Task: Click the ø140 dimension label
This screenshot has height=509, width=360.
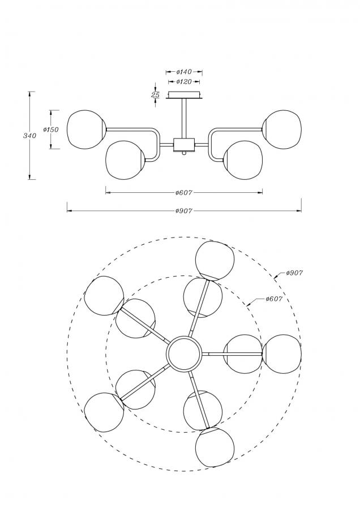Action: (x=184, y=72)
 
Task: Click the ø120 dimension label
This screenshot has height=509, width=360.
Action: (x=184, y=82)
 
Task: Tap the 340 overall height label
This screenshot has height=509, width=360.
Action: (x=29, y=136)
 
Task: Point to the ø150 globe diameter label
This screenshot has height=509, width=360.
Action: (x=51, y=130)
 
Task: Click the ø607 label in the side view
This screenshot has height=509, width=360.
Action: (x=184, y=193)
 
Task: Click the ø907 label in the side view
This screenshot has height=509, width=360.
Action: (x=184, y=211)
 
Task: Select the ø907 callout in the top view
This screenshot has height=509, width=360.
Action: (x=294, y=273)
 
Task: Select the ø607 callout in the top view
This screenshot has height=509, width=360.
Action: (x=274, y=299)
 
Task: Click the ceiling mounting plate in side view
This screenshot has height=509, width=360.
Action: (x=184, y=96)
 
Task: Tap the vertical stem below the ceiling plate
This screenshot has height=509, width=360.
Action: (x=184, y=119)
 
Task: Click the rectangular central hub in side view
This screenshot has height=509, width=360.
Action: (x=184, y=145)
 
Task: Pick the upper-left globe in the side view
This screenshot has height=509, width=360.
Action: (x=87, y=130)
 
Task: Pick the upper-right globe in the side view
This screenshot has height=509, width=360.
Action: (x=282, y=130)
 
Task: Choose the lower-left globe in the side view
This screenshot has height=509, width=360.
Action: (x=125, y=159)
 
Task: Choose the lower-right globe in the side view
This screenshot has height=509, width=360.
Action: (x=243, y=159)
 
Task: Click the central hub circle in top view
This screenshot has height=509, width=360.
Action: (x=184, y=353)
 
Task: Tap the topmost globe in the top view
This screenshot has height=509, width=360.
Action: (x=215, y=261)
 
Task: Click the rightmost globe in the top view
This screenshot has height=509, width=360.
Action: (x=282, y=354)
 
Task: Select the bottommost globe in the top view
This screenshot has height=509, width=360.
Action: (x=215, y=447)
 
